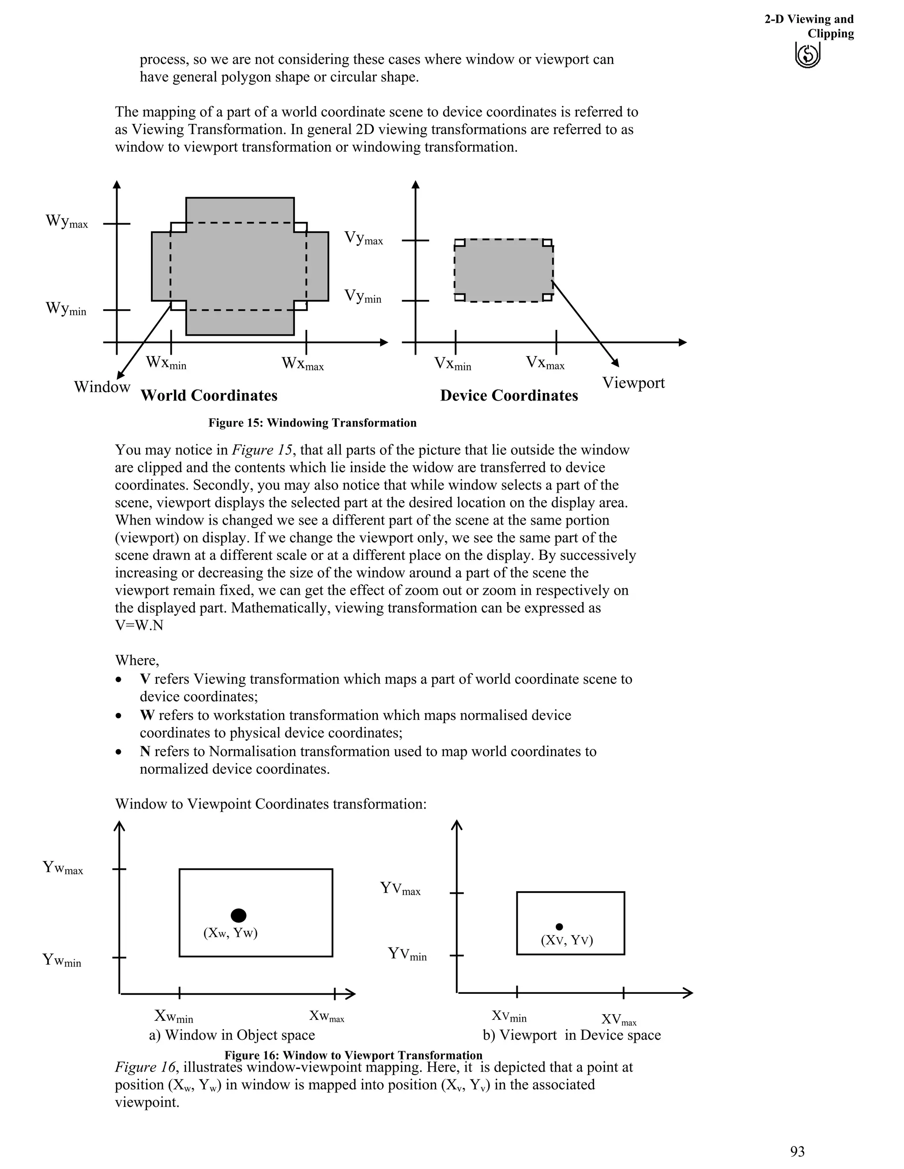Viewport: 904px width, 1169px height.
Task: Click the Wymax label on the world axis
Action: [66, 221]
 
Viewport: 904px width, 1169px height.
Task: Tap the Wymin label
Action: [65, 309]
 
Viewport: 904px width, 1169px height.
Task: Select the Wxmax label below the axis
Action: [302, 363]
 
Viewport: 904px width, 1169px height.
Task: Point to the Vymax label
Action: [363, 238]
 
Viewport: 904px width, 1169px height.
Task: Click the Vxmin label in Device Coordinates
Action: [452, 364]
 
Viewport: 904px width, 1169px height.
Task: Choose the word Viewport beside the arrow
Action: [633, 383]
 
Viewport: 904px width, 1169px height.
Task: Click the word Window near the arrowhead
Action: [102, 387]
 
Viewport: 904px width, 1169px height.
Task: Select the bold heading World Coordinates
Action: [209, 396]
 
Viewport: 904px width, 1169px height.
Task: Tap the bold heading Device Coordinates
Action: [509, 396]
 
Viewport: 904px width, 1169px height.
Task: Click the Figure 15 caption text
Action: [312, 423]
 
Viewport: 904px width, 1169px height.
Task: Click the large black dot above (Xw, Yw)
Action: [238, 915]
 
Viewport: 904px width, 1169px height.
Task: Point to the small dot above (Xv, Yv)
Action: [559, 926]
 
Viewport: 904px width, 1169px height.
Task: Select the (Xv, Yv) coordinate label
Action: [567, 940]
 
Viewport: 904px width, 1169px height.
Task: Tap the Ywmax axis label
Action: [63, 868]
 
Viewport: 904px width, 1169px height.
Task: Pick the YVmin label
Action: [407, 954]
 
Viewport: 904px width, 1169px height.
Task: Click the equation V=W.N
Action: [139, 625]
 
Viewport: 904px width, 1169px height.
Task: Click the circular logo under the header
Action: [808, 56]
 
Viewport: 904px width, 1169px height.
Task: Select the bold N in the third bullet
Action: [145, 752]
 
